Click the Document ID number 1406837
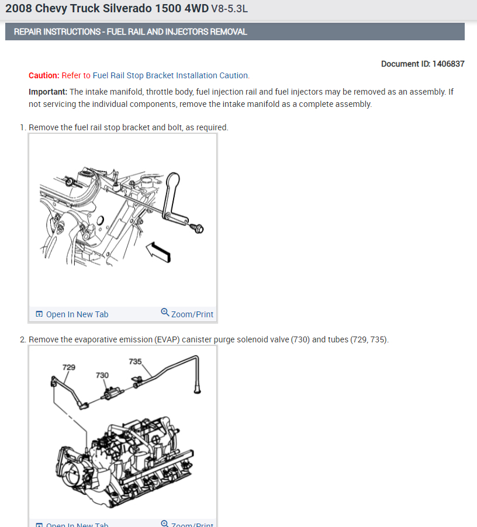tap(448, 64)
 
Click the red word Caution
tap(44, 75)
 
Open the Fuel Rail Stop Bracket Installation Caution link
tap(171, 75)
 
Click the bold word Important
tap(48, 92)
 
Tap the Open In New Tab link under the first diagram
tap(77, 314)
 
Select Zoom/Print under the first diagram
tap(192, 314)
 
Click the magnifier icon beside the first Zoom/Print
tap(165, 312)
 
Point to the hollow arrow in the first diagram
tap(158, 252)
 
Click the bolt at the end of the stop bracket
tap(198, 228)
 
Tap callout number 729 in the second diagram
tap(69, 367)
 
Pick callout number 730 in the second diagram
tap(102, 375)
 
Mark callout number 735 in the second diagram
tap(135, 362)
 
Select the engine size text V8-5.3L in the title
tap(229, 9)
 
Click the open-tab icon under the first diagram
tap(39, 314)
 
